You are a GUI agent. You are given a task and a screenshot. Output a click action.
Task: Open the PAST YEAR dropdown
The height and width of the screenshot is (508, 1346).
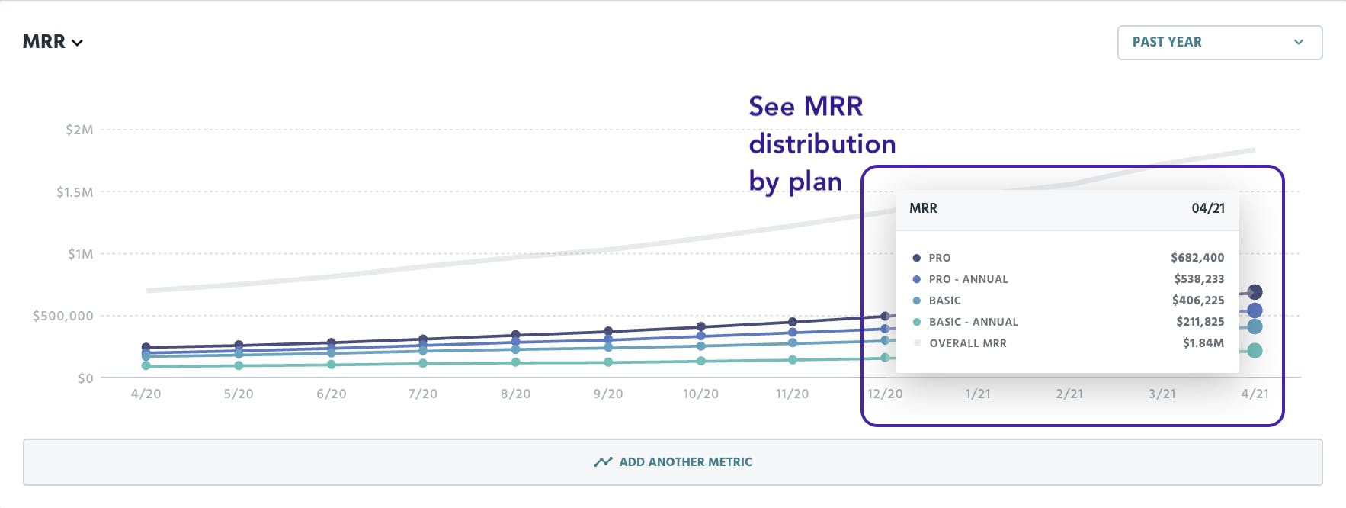(x=1219, y=43)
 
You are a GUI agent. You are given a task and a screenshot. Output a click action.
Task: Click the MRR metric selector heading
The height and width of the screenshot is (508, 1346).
(x=52, y=42)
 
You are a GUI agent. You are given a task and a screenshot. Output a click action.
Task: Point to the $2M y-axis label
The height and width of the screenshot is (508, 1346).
(x=79, y=130)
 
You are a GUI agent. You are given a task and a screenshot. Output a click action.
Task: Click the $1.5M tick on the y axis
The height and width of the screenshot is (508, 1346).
(x=75, y=192)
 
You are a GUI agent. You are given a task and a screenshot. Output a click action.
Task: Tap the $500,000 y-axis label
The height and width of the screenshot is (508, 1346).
(x=62, y=316)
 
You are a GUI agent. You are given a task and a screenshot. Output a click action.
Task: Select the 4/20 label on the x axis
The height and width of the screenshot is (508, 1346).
(x=146, y=394)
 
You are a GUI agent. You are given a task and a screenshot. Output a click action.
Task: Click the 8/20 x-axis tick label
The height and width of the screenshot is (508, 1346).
(x=515, y=394)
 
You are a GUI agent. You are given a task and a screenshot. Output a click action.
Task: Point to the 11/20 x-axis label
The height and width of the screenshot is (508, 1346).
(x=792, y=394)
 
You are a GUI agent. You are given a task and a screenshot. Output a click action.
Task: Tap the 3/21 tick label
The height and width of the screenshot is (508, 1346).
(x=1162, y=394)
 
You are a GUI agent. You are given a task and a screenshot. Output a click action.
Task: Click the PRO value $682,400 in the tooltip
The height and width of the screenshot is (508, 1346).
(x=1197, y=258)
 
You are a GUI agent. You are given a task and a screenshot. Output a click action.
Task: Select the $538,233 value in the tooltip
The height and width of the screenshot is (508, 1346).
(x=1199, y=279)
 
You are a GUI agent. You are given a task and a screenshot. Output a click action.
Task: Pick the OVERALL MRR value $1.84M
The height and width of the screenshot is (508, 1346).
(x=1203, y=343)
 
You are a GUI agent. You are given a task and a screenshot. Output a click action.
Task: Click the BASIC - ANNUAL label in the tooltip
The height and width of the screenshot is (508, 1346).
(x=973, y=322)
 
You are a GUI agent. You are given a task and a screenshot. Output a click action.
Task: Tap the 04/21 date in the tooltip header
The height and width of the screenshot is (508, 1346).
(x=1208, y=208)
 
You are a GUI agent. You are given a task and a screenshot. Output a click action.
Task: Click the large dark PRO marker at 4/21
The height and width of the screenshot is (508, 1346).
(x=1255, y=292)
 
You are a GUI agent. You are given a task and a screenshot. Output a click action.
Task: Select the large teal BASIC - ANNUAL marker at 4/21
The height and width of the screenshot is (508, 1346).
(x=1255, y=351)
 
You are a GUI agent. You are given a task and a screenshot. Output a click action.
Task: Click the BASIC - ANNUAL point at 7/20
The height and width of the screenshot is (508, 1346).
(x=423, y=363)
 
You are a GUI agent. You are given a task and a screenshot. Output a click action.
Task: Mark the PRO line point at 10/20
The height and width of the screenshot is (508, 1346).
(x=700, y=326)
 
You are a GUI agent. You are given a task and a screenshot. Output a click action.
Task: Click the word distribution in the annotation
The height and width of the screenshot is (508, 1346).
(x=822, y=144)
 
